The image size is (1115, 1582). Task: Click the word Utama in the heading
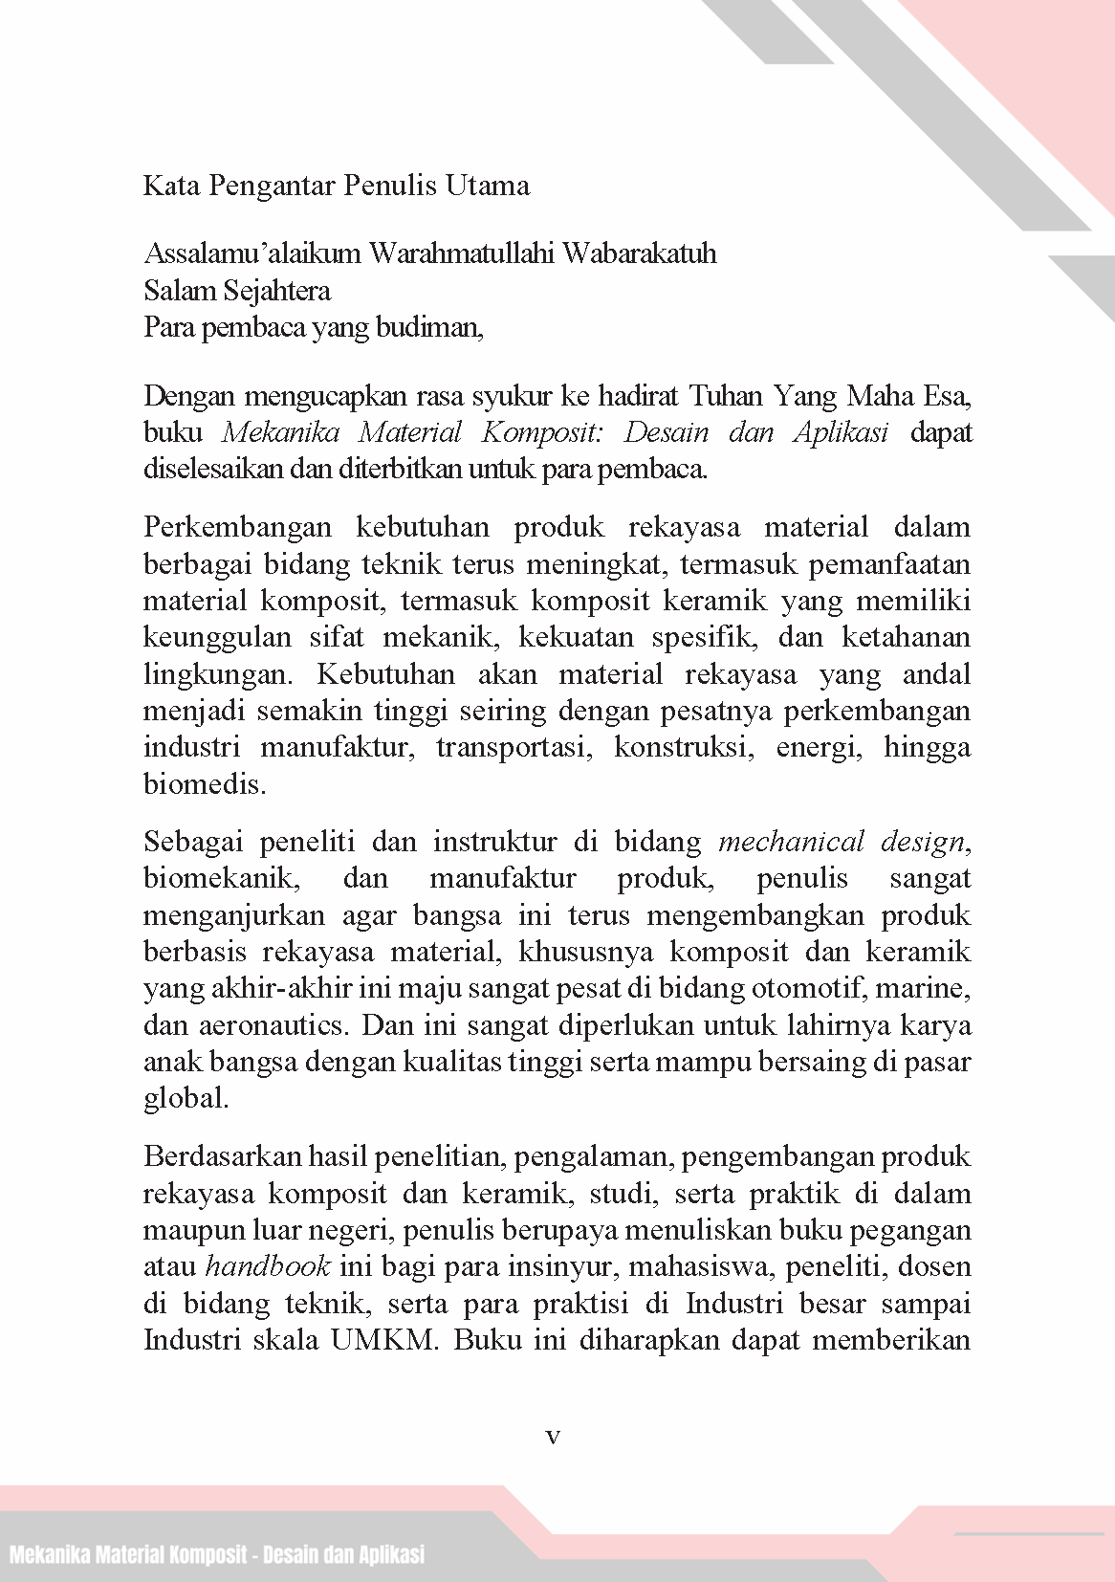[x=487, y=185]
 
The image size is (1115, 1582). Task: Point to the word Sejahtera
[x=280, y=290]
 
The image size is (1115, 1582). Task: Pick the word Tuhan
[x=727, y=395]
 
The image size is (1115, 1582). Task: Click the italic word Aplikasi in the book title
[x=841, y=432]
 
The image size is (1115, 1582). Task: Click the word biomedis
[x=204, y=784]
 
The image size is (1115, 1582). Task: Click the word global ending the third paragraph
[x=186, y=1098]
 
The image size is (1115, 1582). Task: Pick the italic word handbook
[x=268, y=1267]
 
